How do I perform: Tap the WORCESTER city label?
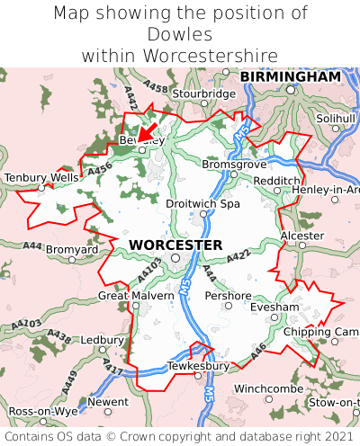click(175, 245)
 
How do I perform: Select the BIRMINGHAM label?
click(290, 77)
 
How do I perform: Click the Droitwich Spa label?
click(203, 204)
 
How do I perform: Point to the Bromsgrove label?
click(233, 165)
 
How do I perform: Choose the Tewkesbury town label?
click(198, 366)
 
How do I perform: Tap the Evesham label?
click(274, 307)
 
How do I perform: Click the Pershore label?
click(228, 295)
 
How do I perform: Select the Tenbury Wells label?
click(41, 178)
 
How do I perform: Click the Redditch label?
click(276, 181)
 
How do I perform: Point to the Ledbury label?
click(102, 341)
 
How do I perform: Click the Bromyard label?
click(72, 248)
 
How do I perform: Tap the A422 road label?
click(238, 258)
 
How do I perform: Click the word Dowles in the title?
click(180, 34)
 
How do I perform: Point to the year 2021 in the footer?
click(328, 436)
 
